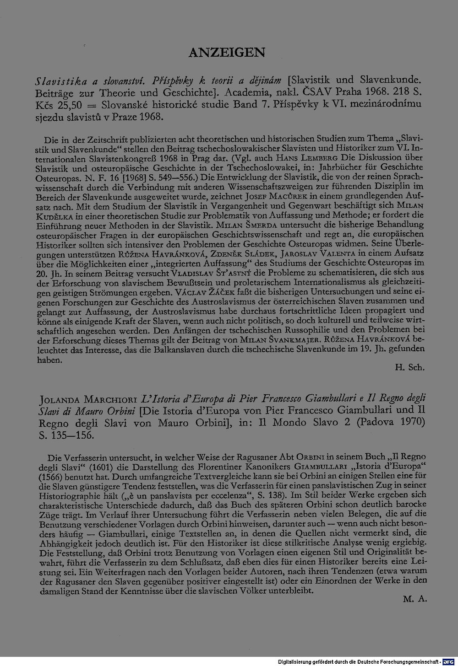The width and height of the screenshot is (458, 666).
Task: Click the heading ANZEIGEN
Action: click(227, 53)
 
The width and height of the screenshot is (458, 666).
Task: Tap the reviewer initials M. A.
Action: click(414, 599)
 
